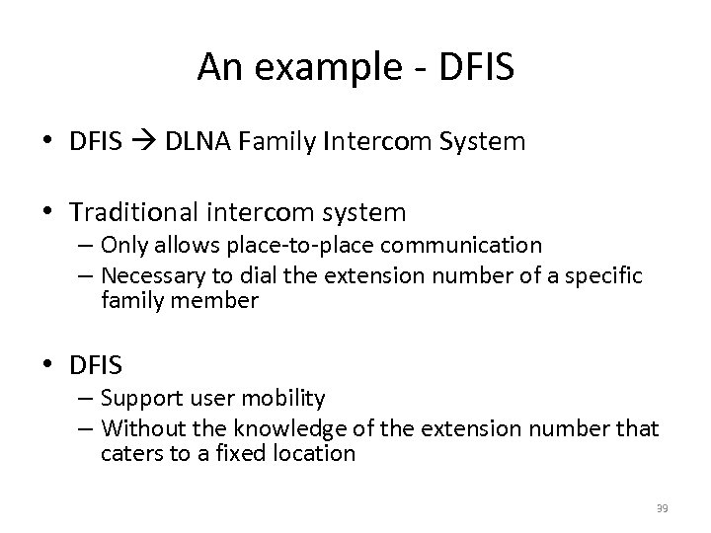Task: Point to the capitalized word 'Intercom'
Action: click(x=380, y=143)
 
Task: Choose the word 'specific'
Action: click(x=608, y=274)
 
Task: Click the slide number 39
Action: click(x=663, y=507)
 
